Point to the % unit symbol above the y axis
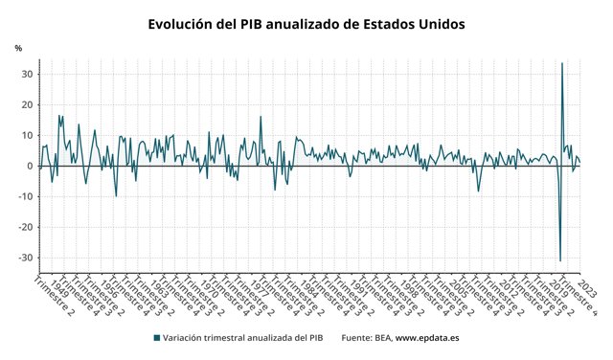(x=18, y=48)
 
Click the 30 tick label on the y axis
(x=28, y=74)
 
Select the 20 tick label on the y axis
(x=28, y=104)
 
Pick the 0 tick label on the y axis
(x=31, y=166)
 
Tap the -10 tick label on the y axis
(x=26, y=196)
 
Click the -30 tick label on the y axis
(x=26, y=258)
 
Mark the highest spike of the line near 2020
(x=561, y=64)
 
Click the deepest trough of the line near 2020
(x=559, y=260)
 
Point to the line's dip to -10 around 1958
(x=116, y=195)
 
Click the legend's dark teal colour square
(x=156, y=338)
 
